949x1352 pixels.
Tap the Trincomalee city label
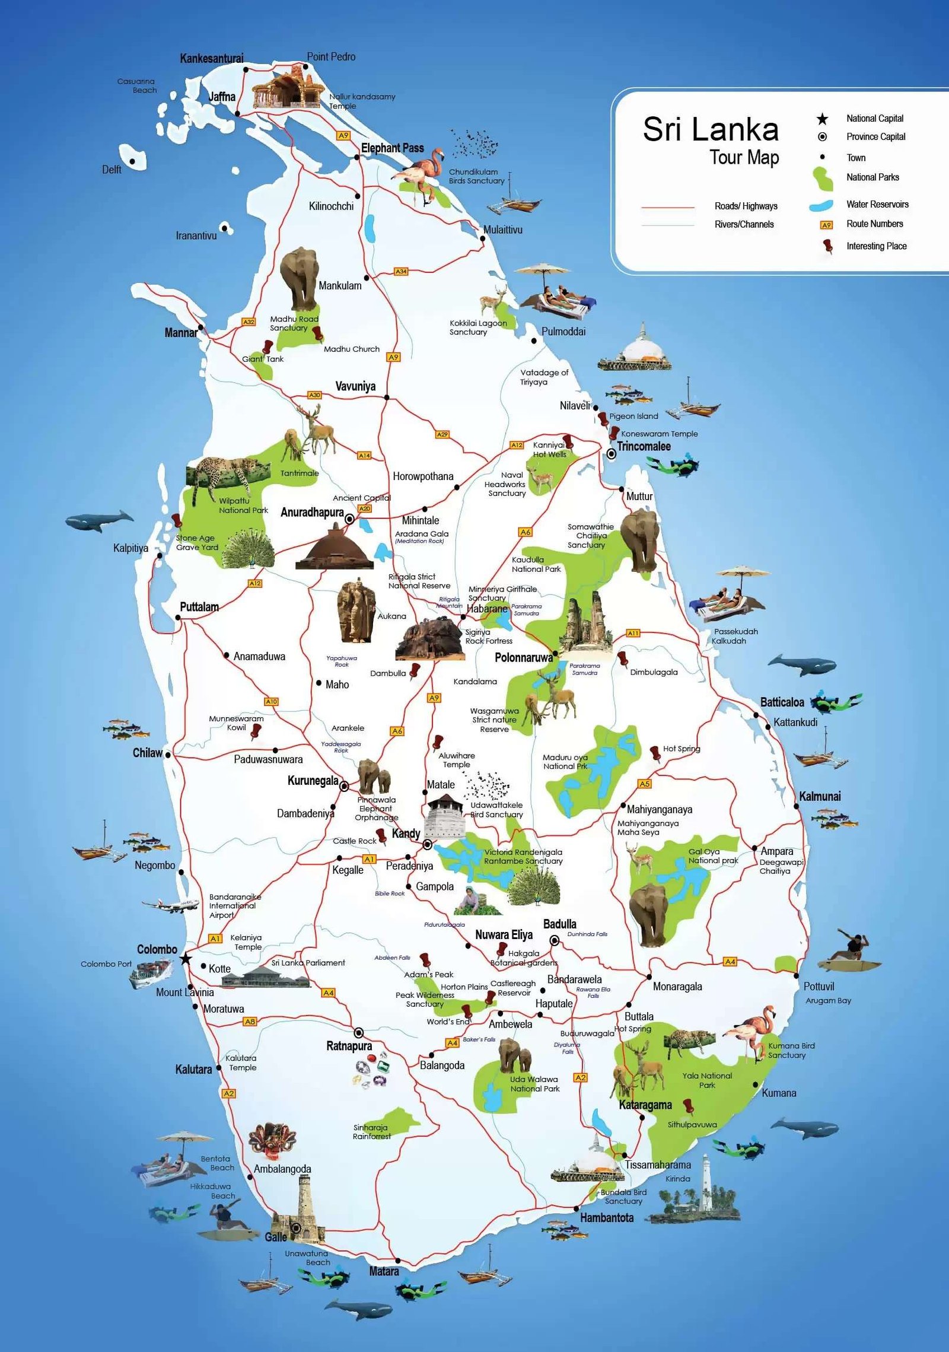[x=644, y=447]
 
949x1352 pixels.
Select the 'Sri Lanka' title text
[x=710, y=129]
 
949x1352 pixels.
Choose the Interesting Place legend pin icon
[x=827, y=246]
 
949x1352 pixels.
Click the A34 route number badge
[x=401, y=272]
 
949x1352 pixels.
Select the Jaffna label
[x=222, y=97]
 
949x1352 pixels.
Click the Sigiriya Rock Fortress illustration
[x=430, y=639]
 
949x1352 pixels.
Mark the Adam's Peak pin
[x=425, y=960]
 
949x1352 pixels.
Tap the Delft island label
[x=112, y=170]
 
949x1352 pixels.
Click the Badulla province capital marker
[x=554, y=940]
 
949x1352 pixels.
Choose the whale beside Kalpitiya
[x=99, y=521]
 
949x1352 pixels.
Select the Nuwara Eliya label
[x=504, y=935]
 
